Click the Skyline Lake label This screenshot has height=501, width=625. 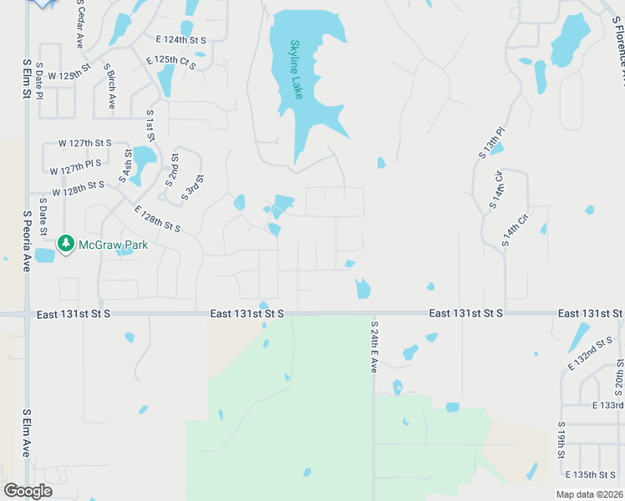point(296,70)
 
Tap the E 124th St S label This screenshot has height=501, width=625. point(181,39)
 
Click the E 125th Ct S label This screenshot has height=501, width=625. point(170,63)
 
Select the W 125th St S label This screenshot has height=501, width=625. point(69,75)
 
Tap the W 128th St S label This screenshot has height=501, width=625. point(79,189)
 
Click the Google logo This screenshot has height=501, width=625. point(28,491)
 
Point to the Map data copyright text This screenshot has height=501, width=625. point(590,494)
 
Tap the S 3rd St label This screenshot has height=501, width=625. point(195,187)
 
